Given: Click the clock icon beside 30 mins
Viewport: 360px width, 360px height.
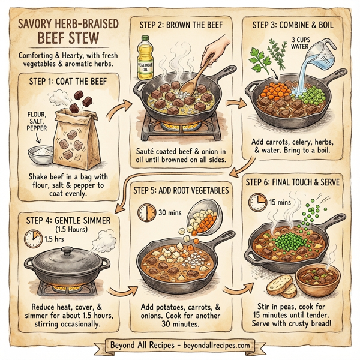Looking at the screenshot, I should pos(146,212).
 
